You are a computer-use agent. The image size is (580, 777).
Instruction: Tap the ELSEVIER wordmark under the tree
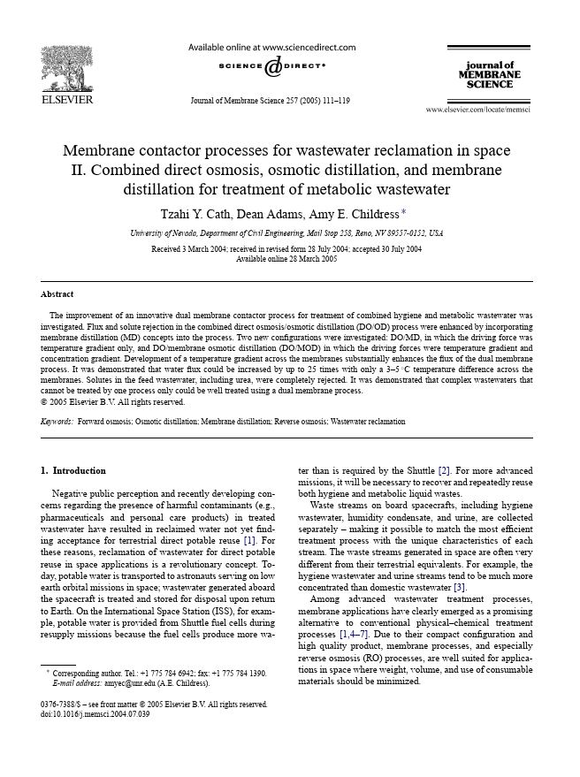pos(67,99)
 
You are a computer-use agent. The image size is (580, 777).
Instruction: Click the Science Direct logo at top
pos(272,66)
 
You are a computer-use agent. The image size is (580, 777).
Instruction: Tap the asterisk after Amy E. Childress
pos(404,211)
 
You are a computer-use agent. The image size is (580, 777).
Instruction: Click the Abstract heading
pos(57,293)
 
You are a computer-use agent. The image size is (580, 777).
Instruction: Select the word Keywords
pos(57,422)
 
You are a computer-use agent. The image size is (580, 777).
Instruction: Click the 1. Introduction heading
pos(73,470)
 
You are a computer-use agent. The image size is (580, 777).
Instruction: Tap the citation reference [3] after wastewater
pos(460,587)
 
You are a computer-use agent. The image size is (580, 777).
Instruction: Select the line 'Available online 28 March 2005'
pos(286,259)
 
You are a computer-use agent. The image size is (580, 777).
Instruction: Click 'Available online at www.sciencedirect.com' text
pos(272,47)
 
